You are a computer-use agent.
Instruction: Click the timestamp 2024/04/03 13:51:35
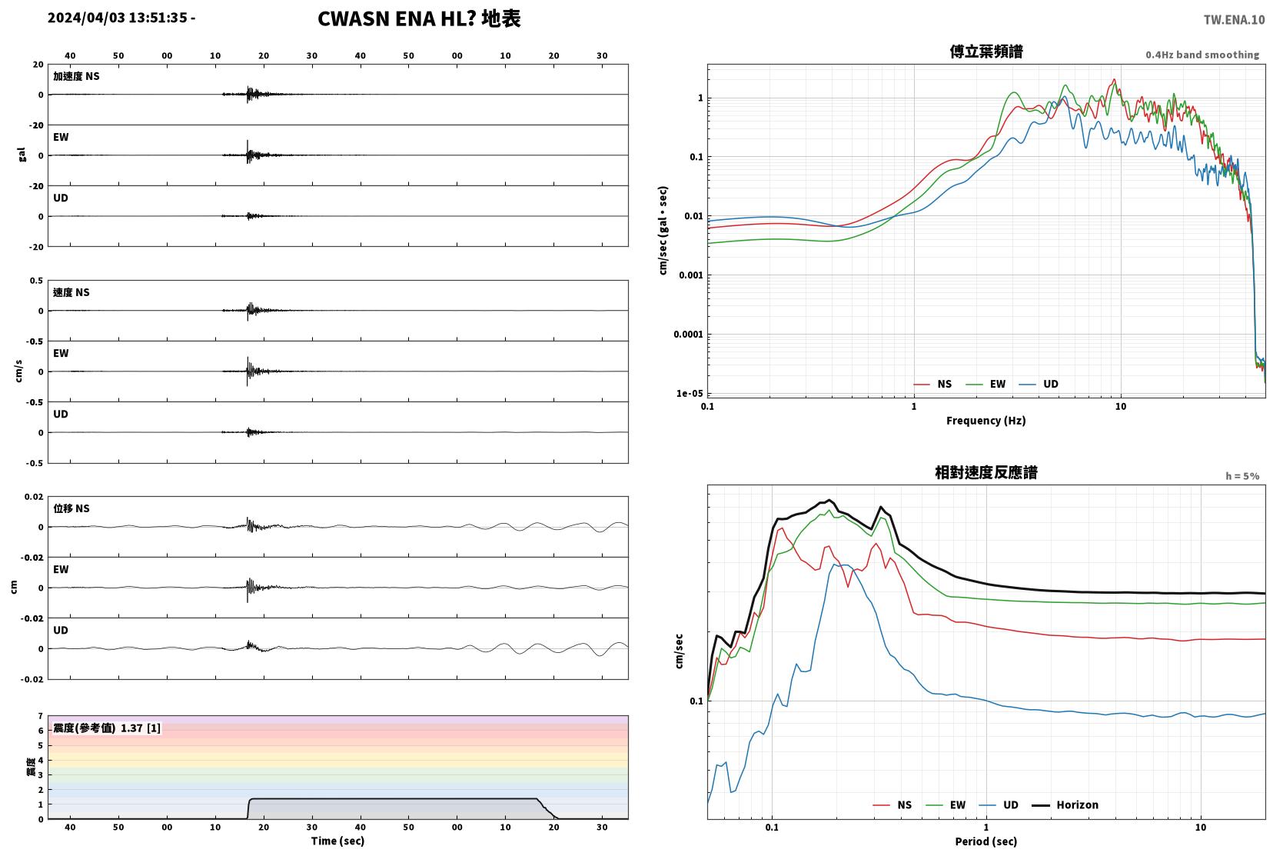[x=118, y=18]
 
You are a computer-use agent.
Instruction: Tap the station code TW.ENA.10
[x=1234, y=20]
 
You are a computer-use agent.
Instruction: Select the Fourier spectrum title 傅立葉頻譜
[x=986, y=52]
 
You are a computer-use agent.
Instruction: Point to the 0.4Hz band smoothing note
[x=1202, y=55]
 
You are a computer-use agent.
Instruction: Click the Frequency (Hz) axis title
[x=985, y=421]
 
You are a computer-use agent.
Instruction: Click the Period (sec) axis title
[x=985, y=841]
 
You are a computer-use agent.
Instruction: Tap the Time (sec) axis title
[x=337, y=841]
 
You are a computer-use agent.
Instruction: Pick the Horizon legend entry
[x=1065, y=804]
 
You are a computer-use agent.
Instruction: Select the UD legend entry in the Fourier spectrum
[x=1039, y=385]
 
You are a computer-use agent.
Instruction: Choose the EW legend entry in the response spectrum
[x=946, y=804]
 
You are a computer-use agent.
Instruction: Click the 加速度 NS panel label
[x=76, y=76]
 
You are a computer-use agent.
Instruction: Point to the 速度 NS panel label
[x=71, y=292]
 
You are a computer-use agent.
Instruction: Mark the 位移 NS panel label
[x=71, y=508]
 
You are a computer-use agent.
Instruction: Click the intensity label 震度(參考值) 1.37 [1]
[x=107, y=728]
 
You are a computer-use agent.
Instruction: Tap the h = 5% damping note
[x=1241, y=476]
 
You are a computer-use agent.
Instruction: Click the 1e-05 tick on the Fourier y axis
[x=689, y=393]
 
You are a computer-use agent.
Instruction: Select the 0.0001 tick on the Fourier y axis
[x=688, y=335]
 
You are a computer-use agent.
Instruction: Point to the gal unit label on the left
[x=22, y=155]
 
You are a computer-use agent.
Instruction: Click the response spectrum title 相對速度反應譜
[x=986, y=472]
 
